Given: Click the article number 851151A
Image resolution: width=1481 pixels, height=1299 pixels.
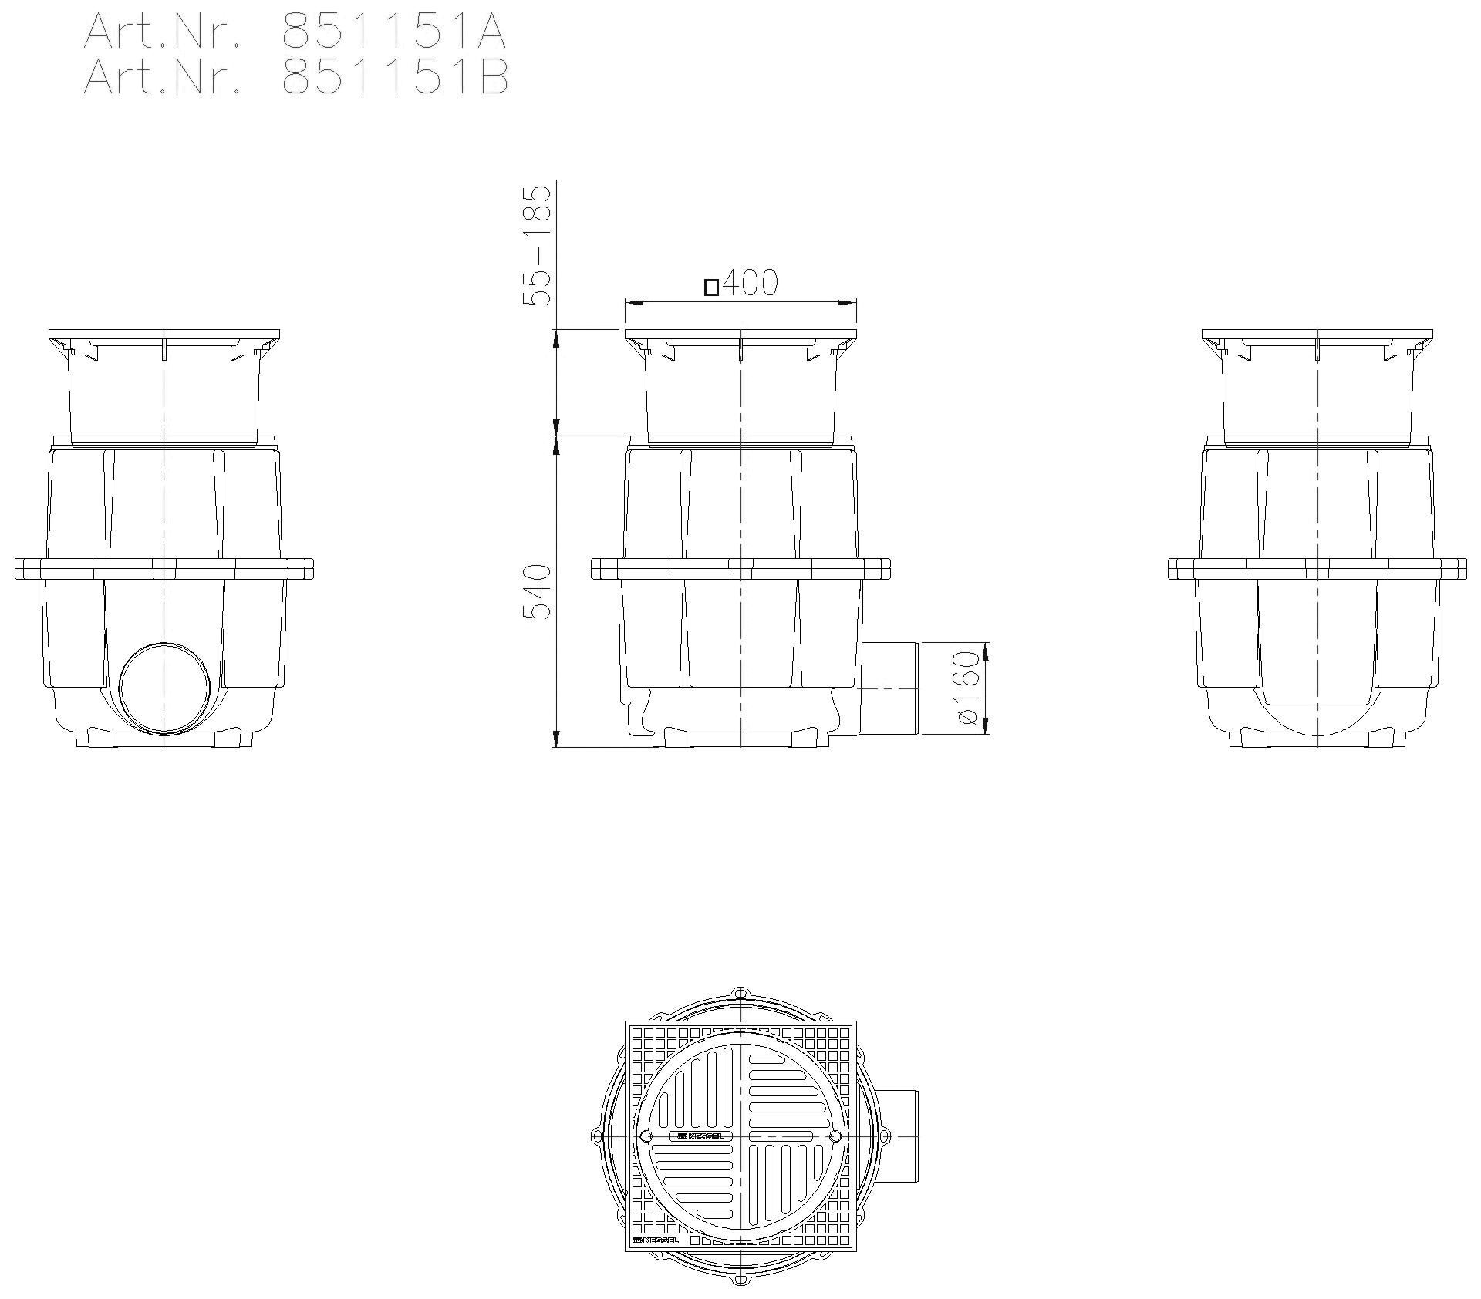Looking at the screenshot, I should [393, 32].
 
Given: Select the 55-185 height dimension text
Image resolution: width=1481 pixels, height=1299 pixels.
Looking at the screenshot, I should [538, 245].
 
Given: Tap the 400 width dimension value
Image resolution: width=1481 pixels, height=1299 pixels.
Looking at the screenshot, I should [750, 284].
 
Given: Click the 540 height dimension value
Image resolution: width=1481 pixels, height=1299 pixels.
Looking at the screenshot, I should [538, 592].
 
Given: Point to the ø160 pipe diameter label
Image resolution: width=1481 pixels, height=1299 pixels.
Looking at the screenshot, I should [967, 688].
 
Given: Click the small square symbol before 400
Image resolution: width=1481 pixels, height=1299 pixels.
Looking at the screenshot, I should [711, 288].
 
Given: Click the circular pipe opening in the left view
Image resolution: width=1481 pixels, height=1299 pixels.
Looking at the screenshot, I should [164, 688].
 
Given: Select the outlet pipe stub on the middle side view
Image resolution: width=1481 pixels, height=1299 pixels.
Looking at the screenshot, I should [890, 688].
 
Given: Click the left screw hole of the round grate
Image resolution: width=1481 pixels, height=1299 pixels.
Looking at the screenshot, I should [646, 1136].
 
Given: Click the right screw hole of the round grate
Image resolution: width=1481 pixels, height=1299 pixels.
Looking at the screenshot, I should [835, 1136].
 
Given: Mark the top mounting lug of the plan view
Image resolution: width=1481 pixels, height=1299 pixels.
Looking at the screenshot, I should [740, 993].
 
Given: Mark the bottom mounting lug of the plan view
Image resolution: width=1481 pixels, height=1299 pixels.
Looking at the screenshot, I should [740, 1280].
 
